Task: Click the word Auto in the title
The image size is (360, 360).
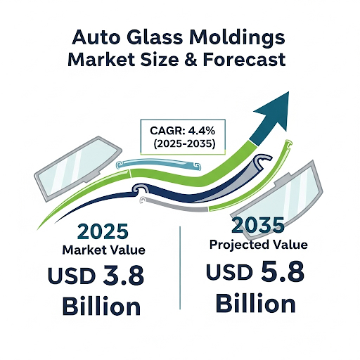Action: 96,37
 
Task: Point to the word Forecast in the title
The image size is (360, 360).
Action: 244,59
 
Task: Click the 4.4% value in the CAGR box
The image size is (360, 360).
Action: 202,131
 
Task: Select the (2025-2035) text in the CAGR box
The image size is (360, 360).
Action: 184,143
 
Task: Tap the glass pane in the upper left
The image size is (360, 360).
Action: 77,168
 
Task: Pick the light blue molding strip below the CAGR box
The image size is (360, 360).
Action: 159,165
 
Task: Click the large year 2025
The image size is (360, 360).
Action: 103,231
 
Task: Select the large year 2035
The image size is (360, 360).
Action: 258,225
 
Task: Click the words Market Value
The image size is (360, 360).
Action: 103,250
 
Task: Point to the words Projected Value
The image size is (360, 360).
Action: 258,245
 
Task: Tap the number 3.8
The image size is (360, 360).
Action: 123,275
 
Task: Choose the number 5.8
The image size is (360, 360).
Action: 283,271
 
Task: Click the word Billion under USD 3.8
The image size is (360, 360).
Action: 101,307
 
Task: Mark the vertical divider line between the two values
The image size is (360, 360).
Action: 180,268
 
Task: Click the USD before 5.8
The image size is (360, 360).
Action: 229,272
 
